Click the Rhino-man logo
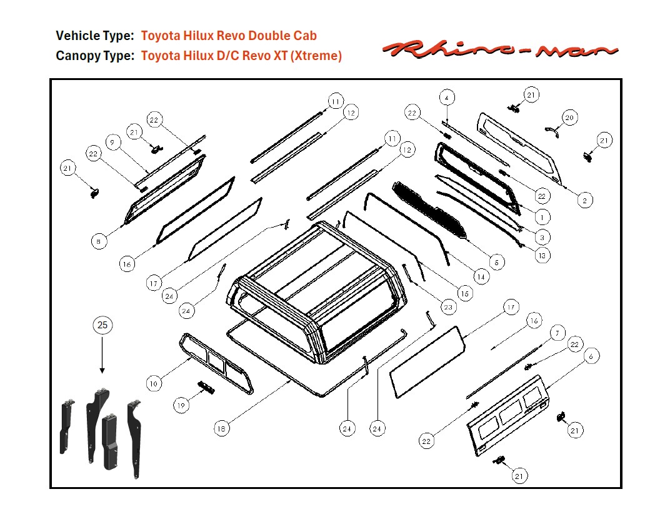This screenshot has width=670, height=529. [500, 49]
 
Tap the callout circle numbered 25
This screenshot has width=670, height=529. [102, 325]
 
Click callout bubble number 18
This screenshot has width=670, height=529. [221, 428]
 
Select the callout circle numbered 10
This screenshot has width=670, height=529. [154, 383]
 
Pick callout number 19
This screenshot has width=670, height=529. [181, 405]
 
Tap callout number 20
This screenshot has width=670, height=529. [569, 117]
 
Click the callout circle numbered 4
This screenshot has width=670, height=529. [446, 98]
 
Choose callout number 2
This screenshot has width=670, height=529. [584, 200]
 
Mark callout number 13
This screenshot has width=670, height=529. [542, 255]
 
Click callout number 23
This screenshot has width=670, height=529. [447, 306]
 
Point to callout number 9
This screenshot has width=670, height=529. [112, 142]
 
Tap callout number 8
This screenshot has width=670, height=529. [99, 241]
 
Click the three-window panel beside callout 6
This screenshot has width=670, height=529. [507, 415]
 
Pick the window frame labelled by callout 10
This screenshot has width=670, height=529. [216, 363]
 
